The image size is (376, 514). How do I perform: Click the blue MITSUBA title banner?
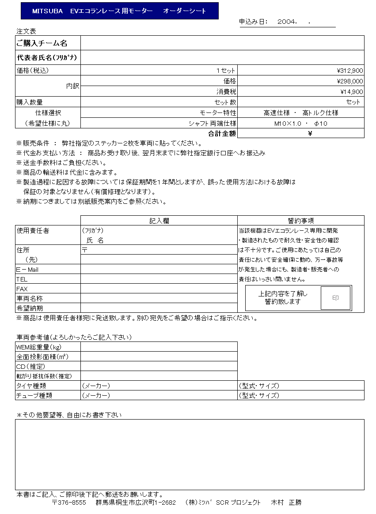(119, 11)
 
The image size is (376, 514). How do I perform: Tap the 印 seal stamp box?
(335, 298)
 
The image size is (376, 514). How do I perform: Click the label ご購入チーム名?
(42, 43)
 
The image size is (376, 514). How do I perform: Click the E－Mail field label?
(27, 269)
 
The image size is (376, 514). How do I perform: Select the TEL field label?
(22, 279)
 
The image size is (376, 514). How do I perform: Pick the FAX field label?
(22, 289)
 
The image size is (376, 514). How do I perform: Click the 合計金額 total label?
(222, 133)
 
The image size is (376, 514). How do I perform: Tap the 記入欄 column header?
(159, 221)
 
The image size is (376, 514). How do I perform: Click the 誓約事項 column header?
(300, 221)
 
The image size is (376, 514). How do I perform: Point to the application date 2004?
(287, 21)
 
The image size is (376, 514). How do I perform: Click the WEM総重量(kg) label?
(39, 347)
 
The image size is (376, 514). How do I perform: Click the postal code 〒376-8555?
(69, 503)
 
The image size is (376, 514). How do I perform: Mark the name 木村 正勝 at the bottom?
(286, 503)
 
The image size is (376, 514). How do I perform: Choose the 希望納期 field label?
(30, 308)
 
